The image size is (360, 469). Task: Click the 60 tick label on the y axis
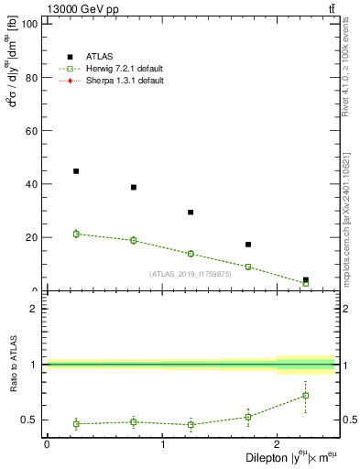click(x=32, y=131)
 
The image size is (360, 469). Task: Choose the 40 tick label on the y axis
click(x=32, y=184)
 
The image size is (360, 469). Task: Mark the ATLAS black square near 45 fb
click(x=76, y=171)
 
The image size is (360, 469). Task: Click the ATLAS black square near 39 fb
click(x=134, y=187)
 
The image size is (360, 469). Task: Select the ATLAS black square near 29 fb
click(x=191, y=213)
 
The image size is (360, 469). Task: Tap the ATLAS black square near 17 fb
click(x=248, y=245)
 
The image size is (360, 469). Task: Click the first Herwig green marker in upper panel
click(x=76, y=234)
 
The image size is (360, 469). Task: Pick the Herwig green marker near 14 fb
click(x=191, y=254)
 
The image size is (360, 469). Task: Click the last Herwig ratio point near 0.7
click(x=305, y=396)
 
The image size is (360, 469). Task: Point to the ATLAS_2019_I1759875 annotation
click(x=189, y=274)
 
